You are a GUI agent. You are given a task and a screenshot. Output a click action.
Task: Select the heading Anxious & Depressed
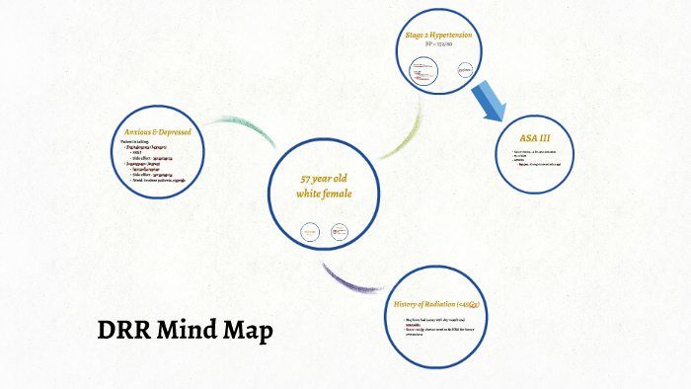(157, 132)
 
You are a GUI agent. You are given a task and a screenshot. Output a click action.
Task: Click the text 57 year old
(324, 179)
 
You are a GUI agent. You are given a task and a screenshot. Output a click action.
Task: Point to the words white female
(324, 194)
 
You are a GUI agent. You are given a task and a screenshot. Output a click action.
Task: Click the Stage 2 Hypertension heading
(438, 36)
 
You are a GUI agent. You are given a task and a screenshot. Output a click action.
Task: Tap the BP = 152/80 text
(438, 45)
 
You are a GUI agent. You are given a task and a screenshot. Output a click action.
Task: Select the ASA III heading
(538, 136)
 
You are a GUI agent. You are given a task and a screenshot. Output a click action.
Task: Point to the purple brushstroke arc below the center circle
(345, 279)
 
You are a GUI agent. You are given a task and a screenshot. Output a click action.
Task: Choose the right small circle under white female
(340, 233)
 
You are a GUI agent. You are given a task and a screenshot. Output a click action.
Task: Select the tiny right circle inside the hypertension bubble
(465, 70)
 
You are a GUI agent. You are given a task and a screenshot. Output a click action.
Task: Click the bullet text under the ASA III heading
(538, 158)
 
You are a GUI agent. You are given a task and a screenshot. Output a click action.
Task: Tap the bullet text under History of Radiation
(438, 328)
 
